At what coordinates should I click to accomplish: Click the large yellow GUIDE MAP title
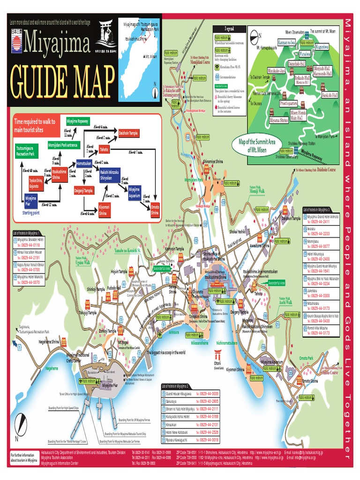(x=61, y=82)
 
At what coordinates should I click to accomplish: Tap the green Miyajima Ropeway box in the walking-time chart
(x=77, y=120)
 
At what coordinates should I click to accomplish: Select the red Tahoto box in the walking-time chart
(x=105, y=150)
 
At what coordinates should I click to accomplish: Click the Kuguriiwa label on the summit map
(x=322, y=47)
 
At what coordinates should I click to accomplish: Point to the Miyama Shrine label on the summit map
(x=279, y=120)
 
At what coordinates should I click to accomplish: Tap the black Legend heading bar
(x=230, y=29)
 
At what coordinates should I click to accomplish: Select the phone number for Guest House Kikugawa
(x=207, y=393)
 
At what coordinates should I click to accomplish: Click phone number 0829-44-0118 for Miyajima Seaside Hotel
(x=30, y=245)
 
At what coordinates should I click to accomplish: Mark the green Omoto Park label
(x=307, y=358)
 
